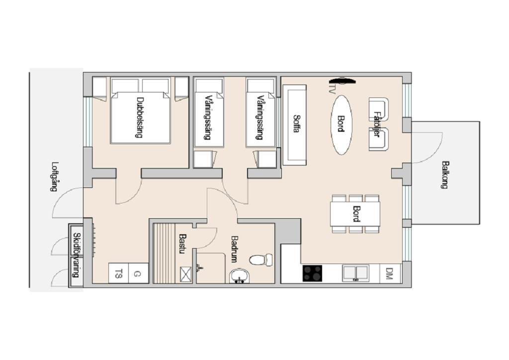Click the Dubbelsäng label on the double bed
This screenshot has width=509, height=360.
[140, 117]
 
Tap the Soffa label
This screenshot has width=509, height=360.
[296, 123]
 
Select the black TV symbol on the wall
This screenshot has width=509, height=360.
[342, 81]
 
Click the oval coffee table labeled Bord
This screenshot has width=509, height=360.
[341, 125]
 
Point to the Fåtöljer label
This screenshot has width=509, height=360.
[377, 124]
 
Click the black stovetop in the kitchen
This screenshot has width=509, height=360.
[312, 273]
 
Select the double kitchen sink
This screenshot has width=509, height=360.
[355, 273]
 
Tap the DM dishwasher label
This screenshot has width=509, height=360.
[390, 273]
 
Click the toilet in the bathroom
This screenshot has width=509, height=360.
[261, 260]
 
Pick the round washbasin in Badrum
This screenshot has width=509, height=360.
[239, 276]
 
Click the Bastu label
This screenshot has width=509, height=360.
[182, 244]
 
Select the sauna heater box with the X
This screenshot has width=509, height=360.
[186, 274]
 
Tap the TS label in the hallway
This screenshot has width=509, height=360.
[119, 273]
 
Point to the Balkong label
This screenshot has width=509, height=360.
[445, 175]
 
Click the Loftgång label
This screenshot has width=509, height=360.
[55, 177]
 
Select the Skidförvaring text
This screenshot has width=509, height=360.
[76, 255]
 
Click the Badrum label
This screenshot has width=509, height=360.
[235, 249]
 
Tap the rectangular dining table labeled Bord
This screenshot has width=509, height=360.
[355, 214]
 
